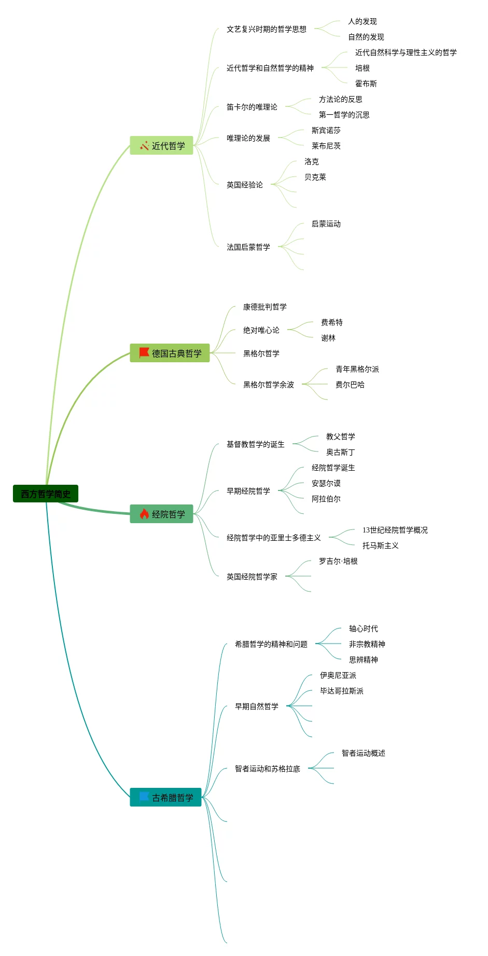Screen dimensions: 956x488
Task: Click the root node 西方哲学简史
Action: click(x=46, y=494)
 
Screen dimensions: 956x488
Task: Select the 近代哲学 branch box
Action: click(x=161, y=146)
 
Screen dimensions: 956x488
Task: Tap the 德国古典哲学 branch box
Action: click(x=170, y=353)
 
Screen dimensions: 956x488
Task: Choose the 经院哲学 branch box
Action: click(x=161, y=514)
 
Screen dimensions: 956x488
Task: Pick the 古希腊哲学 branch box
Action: click(x=165, y=798)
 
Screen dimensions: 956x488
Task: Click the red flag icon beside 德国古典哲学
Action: click(x=144, y=353)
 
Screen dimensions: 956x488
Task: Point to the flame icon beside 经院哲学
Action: click(x=144, y=514)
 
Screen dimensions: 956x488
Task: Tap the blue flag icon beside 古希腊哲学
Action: click(x=144, y=797)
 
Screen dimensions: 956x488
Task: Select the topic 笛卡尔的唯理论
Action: click(x=252, y=107)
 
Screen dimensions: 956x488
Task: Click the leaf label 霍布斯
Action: click(x=366, y=84)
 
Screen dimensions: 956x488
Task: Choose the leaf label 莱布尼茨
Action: click(x=326, y=146)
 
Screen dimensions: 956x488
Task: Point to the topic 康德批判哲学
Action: click(x=265, y=307)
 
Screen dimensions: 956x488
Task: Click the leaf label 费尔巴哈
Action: click(x=350, y=385)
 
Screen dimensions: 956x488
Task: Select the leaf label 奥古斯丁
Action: click(x=341, y=452)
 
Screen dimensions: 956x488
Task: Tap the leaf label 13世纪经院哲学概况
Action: click(x=395, y=530)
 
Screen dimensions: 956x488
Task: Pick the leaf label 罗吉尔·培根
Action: click(x=338, y=561)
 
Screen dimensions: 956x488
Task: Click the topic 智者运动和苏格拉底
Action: click(x=268, y=769)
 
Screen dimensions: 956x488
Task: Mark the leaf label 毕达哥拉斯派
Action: click(x=342, y=691)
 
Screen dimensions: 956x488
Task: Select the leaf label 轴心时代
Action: click(x=364, y=629)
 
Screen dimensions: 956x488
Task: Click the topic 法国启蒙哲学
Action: click(x=248, y=247)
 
